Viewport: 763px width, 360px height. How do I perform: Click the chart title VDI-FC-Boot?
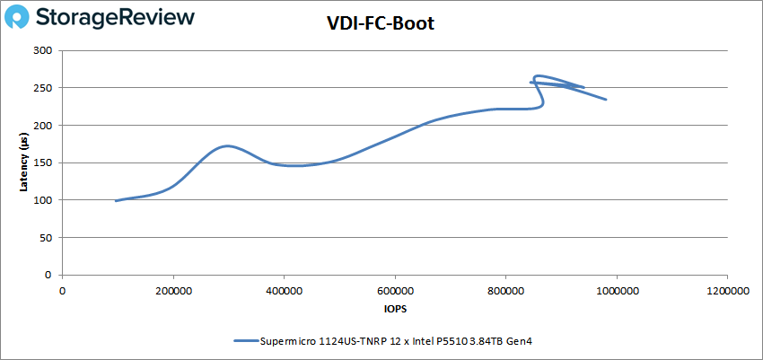(x=381, y=24)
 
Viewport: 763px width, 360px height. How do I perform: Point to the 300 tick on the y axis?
(x=42, y=50)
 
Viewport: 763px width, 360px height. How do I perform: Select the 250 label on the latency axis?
(x=42, y=88)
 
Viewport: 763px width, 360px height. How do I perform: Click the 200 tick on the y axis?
(x=42, y=126)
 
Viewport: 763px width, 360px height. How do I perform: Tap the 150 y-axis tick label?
(x=42, y=162)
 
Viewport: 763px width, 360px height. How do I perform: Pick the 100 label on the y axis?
(x=42, y=200)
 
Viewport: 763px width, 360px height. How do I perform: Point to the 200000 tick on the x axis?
(x=173, y=290)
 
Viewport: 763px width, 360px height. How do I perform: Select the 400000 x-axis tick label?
(x=284, y=290)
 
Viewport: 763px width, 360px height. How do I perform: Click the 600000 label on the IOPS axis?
(x=395, y=290)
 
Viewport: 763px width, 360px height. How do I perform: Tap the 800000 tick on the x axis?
(x=505, y=290)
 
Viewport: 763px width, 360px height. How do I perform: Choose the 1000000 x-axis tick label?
(x=617, y=290)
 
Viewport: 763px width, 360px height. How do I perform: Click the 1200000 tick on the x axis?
(x=727, y=290)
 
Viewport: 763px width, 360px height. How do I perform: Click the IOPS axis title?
(x=394, y=308)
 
